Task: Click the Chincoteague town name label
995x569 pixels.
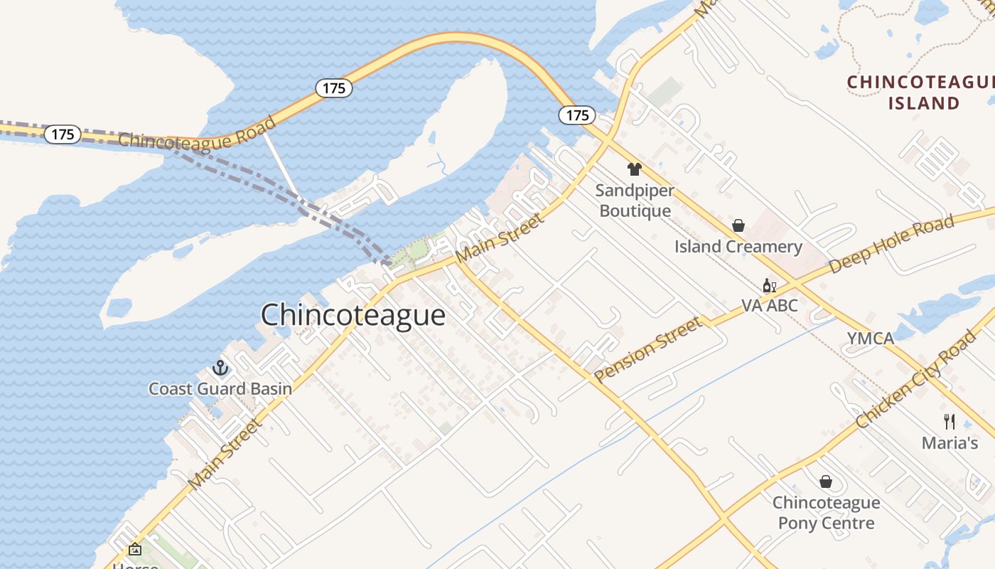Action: pyautogui.click(x=353, y=315)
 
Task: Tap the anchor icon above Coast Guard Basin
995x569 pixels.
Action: pyautogui.click(x=220, y=368)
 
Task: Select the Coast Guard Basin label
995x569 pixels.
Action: pyautogui.click(x=220, y=388)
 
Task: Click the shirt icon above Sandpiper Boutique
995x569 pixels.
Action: pyautogui.click(x=634, y=169)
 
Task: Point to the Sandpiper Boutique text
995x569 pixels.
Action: pyautogui.click(x=635, y=201)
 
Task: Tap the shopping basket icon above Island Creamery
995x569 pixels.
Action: pyautogui.click(x=738, y=225)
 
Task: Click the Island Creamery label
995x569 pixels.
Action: pyautogui.click(x=738, y=247)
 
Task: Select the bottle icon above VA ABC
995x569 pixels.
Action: pyautogui.click(x=769, y=286)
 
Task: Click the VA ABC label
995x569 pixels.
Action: pyautogui.click(x=770, y=306)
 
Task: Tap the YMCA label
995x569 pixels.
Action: pyautogui.click(x=870, y=339)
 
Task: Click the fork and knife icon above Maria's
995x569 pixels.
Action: pyautogui.click(x=950, y=421)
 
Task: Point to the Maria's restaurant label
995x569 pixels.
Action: pyautogui.click(x=950, y=443)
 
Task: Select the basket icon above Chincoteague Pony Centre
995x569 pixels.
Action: pyautogui.click(x=826, y=482)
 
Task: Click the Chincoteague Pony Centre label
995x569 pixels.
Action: pyautogui.click(x=826, y=513)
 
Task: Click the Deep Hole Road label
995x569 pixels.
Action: pyautogui.click(x=892, y=245)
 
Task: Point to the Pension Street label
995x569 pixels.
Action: pyautogui.click(x=648, y=350)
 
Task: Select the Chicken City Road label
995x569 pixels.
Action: pyautogui.click(x=917, y=379)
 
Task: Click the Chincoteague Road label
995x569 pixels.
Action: pyautogui.click(x=197, y=134)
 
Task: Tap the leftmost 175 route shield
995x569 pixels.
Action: pyautogui.click(x=62, y=134)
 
